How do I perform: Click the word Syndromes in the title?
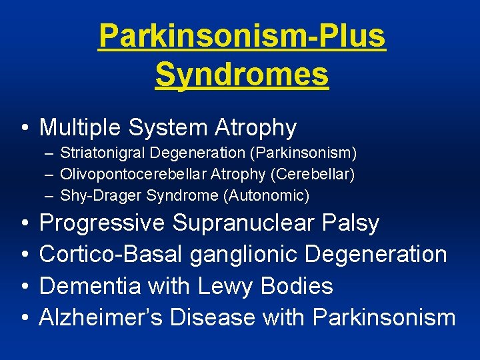[x=242, y=75]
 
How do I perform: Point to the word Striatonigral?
[x=103, y=153]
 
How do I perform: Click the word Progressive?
[x=102, y=223]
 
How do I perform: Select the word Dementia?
[x=90, y=287]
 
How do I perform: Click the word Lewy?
[x=223, y=287]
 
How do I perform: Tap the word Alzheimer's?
[x=101, y=318]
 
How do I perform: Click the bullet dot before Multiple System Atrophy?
[x=24, y=127]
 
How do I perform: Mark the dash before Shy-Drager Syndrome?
[x=50, y=196]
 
